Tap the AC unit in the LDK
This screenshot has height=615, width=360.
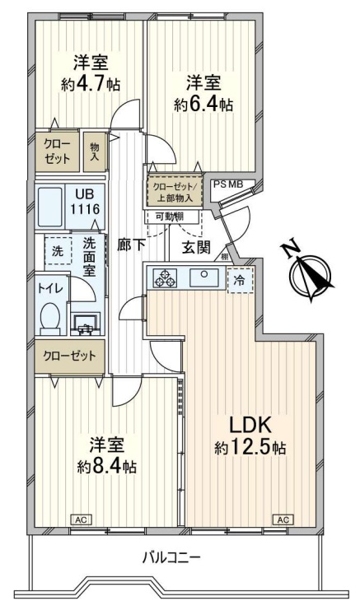click(283, 519)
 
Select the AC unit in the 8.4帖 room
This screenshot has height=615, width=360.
click(81, 519)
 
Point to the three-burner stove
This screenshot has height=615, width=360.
click(165, 277)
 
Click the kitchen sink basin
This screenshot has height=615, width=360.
click(203, 277)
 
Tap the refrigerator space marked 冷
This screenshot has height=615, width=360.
click(241, 280)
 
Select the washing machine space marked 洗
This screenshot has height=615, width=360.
click(58, 250)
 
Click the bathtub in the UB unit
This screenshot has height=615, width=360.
click(50, 207)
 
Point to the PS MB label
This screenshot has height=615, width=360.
click(228, 184)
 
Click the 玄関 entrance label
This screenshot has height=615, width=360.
click(196, 247)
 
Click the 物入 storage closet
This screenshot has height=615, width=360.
click(95, 151)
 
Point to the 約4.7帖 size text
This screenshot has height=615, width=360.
click(91, 84)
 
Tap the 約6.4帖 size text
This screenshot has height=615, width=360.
click(203, 105)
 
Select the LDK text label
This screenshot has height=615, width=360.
click(250, 425)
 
